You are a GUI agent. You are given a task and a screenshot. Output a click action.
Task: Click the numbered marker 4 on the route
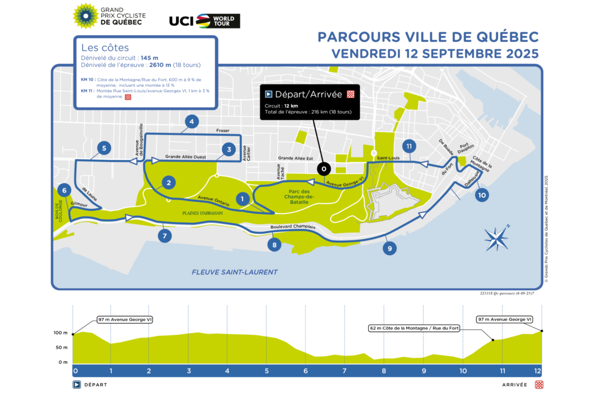191,121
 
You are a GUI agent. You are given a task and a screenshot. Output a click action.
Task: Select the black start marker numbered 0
323,169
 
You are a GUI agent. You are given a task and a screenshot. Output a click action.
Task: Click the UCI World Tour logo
205,21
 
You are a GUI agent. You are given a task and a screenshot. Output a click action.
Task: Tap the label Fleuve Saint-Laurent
235,272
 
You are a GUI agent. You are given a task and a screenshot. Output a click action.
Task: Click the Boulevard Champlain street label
293,227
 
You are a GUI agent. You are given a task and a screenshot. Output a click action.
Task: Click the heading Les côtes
105,48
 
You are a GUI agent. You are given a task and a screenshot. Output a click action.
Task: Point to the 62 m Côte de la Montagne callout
414,328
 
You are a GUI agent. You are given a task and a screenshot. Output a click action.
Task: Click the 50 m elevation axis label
61,348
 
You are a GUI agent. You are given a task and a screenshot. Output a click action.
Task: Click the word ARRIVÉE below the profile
514,385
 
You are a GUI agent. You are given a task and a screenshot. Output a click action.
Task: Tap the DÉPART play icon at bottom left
77,385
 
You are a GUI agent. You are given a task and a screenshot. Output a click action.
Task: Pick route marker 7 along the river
165,236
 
